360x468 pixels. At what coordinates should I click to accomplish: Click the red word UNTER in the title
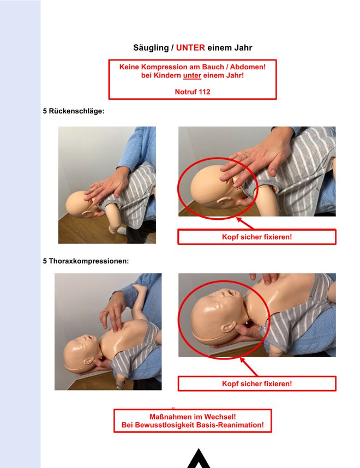[x=190, y=47]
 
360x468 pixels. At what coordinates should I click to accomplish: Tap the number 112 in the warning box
[x=204, y=92]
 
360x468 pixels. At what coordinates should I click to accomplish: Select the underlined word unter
[x=192, y=75]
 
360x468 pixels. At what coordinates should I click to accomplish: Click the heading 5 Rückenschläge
[x=74, y=111]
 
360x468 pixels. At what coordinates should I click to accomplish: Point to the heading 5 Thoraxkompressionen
[x=86, y=261]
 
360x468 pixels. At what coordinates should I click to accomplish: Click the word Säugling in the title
[x=151, y=48]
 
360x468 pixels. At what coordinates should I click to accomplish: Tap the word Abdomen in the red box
[x=248, y=67]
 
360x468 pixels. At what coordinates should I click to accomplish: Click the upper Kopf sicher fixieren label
[x=257, y=237]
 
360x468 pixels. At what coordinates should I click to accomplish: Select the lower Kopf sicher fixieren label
[x=257, y=383]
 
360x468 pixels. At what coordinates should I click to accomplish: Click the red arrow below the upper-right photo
[x=245, y=223]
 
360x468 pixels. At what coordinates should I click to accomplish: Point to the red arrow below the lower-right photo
[x=249, y=367]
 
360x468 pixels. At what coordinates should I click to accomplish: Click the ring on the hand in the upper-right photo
[x=245, y=155]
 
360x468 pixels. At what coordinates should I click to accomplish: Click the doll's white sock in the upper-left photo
[x=122, y=230]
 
